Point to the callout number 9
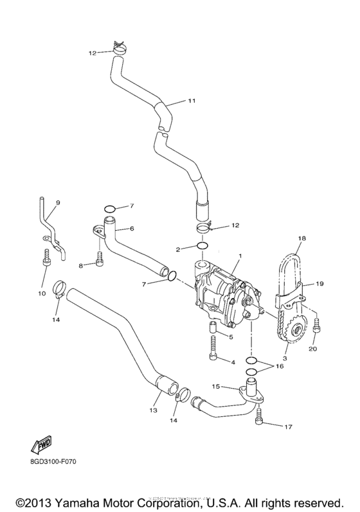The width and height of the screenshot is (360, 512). (x=57, y=203)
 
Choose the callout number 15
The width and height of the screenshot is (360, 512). (x=216, y=387)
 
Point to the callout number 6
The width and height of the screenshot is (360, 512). (x=131, y=228)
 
